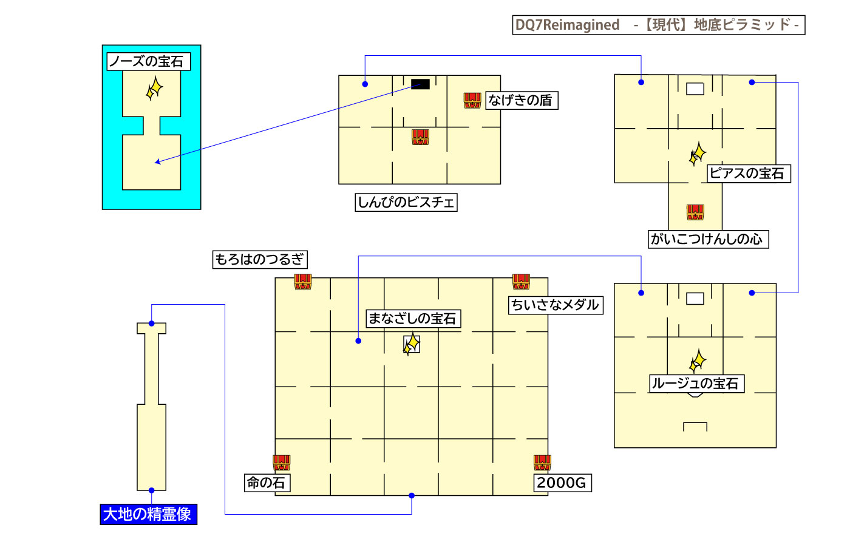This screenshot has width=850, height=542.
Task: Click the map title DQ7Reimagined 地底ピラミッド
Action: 659,25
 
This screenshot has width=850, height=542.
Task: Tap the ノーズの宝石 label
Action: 148,61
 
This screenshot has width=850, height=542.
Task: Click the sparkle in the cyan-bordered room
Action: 154,89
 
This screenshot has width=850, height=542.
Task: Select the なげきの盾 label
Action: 521,100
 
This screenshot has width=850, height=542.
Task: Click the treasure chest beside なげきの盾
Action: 472,100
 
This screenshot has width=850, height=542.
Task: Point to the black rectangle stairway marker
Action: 420,84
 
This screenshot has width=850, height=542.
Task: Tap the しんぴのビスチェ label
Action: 406,202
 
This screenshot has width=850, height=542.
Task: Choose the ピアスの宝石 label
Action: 748,174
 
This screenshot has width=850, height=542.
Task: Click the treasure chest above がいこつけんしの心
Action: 695,212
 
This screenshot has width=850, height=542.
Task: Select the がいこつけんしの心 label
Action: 708,239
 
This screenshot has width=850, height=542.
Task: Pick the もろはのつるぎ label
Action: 260,260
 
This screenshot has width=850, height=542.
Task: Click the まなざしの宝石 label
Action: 413,319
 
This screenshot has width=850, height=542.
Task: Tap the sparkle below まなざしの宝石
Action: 412,344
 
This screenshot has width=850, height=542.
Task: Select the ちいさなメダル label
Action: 556,305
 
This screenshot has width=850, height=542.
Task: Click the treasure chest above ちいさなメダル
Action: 521,282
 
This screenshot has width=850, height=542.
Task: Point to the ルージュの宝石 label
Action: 696,384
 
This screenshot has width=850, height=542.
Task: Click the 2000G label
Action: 562,483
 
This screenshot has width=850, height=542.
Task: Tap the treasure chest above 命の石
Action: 281,463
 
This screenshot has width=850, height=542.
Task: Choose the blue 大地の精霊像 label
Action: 148,514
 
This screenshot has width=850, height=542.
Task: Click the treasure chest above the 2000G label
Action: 542,463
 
